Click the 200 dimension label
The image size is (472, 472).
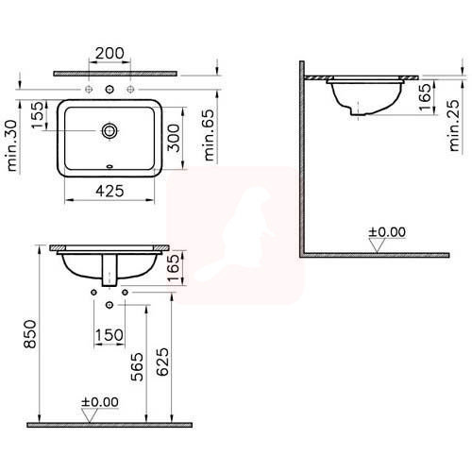pos(110,53)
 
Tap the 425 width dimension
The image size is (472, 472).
pos(110,191)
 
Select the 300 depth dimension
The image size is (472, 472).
pos(174,138)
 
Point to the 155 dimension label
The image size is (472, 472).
pos(38,114)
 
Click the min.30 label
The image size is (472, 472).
pos(12,145)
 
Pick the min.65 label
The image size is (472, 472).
pos(210,135)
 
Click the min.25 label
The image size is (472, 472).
pos(454,126)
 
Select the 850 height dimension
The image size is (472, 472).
pos(30,334)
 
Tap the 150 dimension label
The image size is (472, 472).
pos(110,335)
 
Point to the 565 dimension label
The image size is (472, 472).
pos(137,367)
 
